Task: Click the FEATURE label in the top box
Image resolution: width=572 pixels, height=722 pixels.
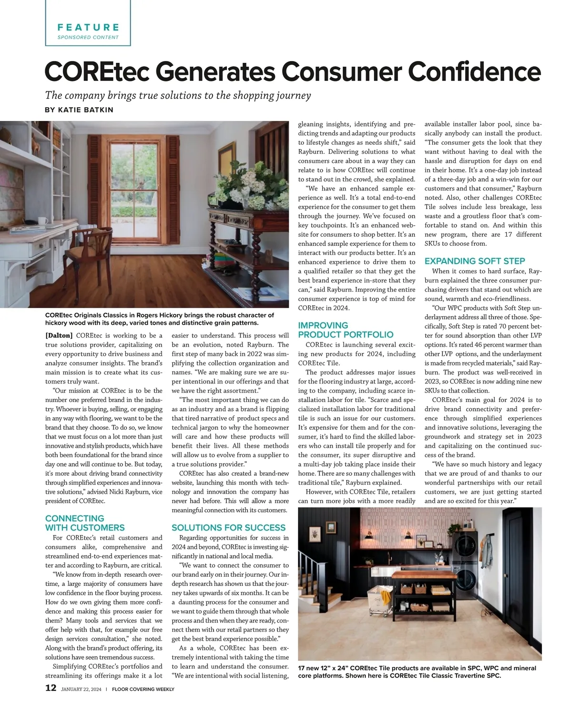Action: tap(88, 27)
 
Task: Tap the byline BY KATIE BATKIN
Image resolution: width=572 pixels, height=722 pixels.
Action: tap(79, 110)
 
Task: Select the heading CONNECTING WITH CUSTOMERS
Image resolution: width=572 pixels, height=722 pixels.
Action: tap(85, 523)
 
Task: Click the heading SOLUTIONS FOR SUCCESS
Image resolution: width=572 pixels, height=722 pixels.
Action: tap(228, 528)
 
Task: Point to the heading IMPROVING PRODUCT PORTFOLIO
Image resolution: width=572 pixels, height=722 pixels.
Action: tap(346, 330)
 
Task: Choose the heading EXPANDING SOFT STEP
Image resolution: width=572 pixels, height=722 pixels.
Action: tap(475, 261)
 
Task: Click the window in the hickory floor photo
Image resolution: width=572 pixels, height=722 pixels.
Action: tap(133, 176)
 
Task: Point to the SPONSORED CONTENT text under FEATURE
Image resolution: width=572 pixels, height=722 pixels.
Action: tap(88, 37)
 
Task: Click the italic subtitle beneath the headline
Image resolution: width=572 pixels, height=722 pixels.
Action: tap(178, 95)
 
